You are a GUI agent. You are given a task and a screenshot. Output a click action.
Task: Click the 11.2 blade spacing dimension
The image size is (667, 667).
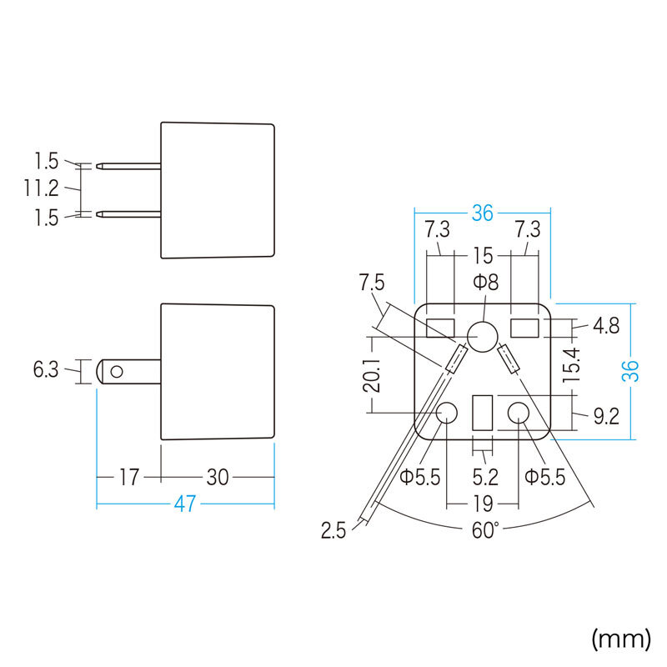pyautogui.click(x=41, y=189)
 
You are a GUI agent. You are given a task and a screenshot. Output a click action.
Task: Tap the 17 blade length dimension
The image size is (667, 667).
pyautogui.click(x=128, y=478)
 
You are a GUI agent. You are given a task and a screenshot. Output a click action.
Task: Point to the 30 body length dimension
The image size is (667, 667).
pyautogui.click(x=218, y=478)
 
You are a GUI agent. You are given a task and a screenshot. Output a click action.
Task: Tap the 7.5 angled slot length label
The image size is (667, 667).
pyautogui.click(x=371, y=283)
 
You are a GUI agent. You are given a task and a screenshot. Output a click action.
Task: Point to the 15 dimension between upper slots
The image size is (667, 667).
pyautogui.click(x=483, y=253)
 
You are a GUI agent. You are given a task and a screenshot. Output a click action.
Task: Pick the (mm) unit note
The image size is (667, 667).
pyautogui.click(x=620, y=639)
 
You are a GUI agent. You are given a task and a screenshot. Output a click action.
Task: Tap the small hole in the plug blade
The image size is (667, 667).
pyautogui.click(x=118, y=370)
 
